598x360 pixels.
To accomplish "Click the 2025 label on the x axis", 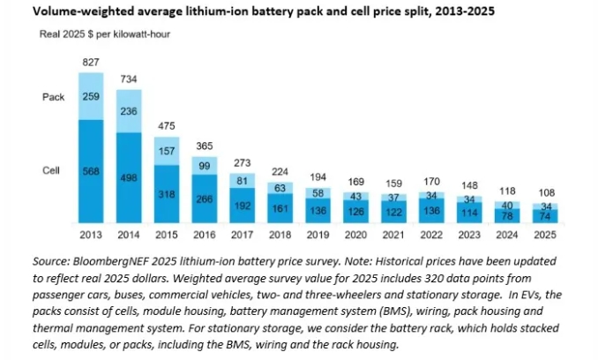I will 546,235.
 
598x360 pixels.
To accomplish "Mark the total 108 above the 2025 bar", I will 546,192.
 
